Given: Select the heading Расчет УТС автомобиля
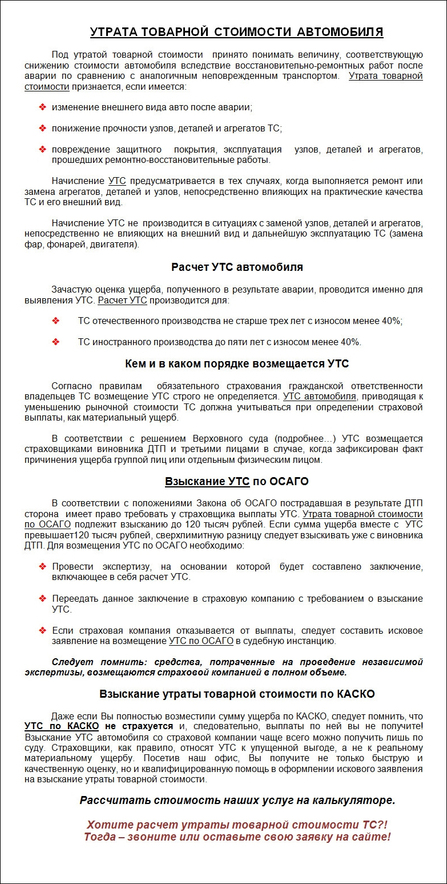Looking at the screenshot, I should pyautogui.click(x=237, y=267).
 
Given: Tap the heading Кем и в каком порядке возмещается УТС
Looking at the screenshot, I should pyautogui.click(x=237, y=363).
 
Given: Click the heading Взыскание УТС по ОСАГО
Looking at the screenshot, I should pyautogui.click(x=237, y=481).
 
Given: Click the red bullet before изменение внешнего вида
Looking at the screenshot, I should pyautogui.click(x=42, y=107).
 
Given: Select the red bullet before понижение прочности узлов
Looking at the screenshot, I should pyautogui.click(x=42, y=128).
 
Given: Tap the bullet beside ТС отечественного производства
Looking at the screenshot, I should pyautogui.click(x=56, y=321).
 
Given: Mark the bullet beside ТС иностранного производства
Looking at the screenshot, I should pyautogui.click(x=56, y=342).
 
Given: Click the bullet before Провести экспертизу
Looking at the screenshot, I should pyautogui.click(x=42, y=566).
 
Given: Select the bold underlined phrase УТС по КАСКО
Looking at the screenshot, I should pyautogui.click(x=62, y=726).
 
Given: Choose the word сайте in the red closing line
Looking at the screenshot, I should pyautogui.click(x=371, y=837).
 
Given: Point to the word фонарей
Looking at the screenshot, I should pyautogui.click(x=63, y=245).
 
